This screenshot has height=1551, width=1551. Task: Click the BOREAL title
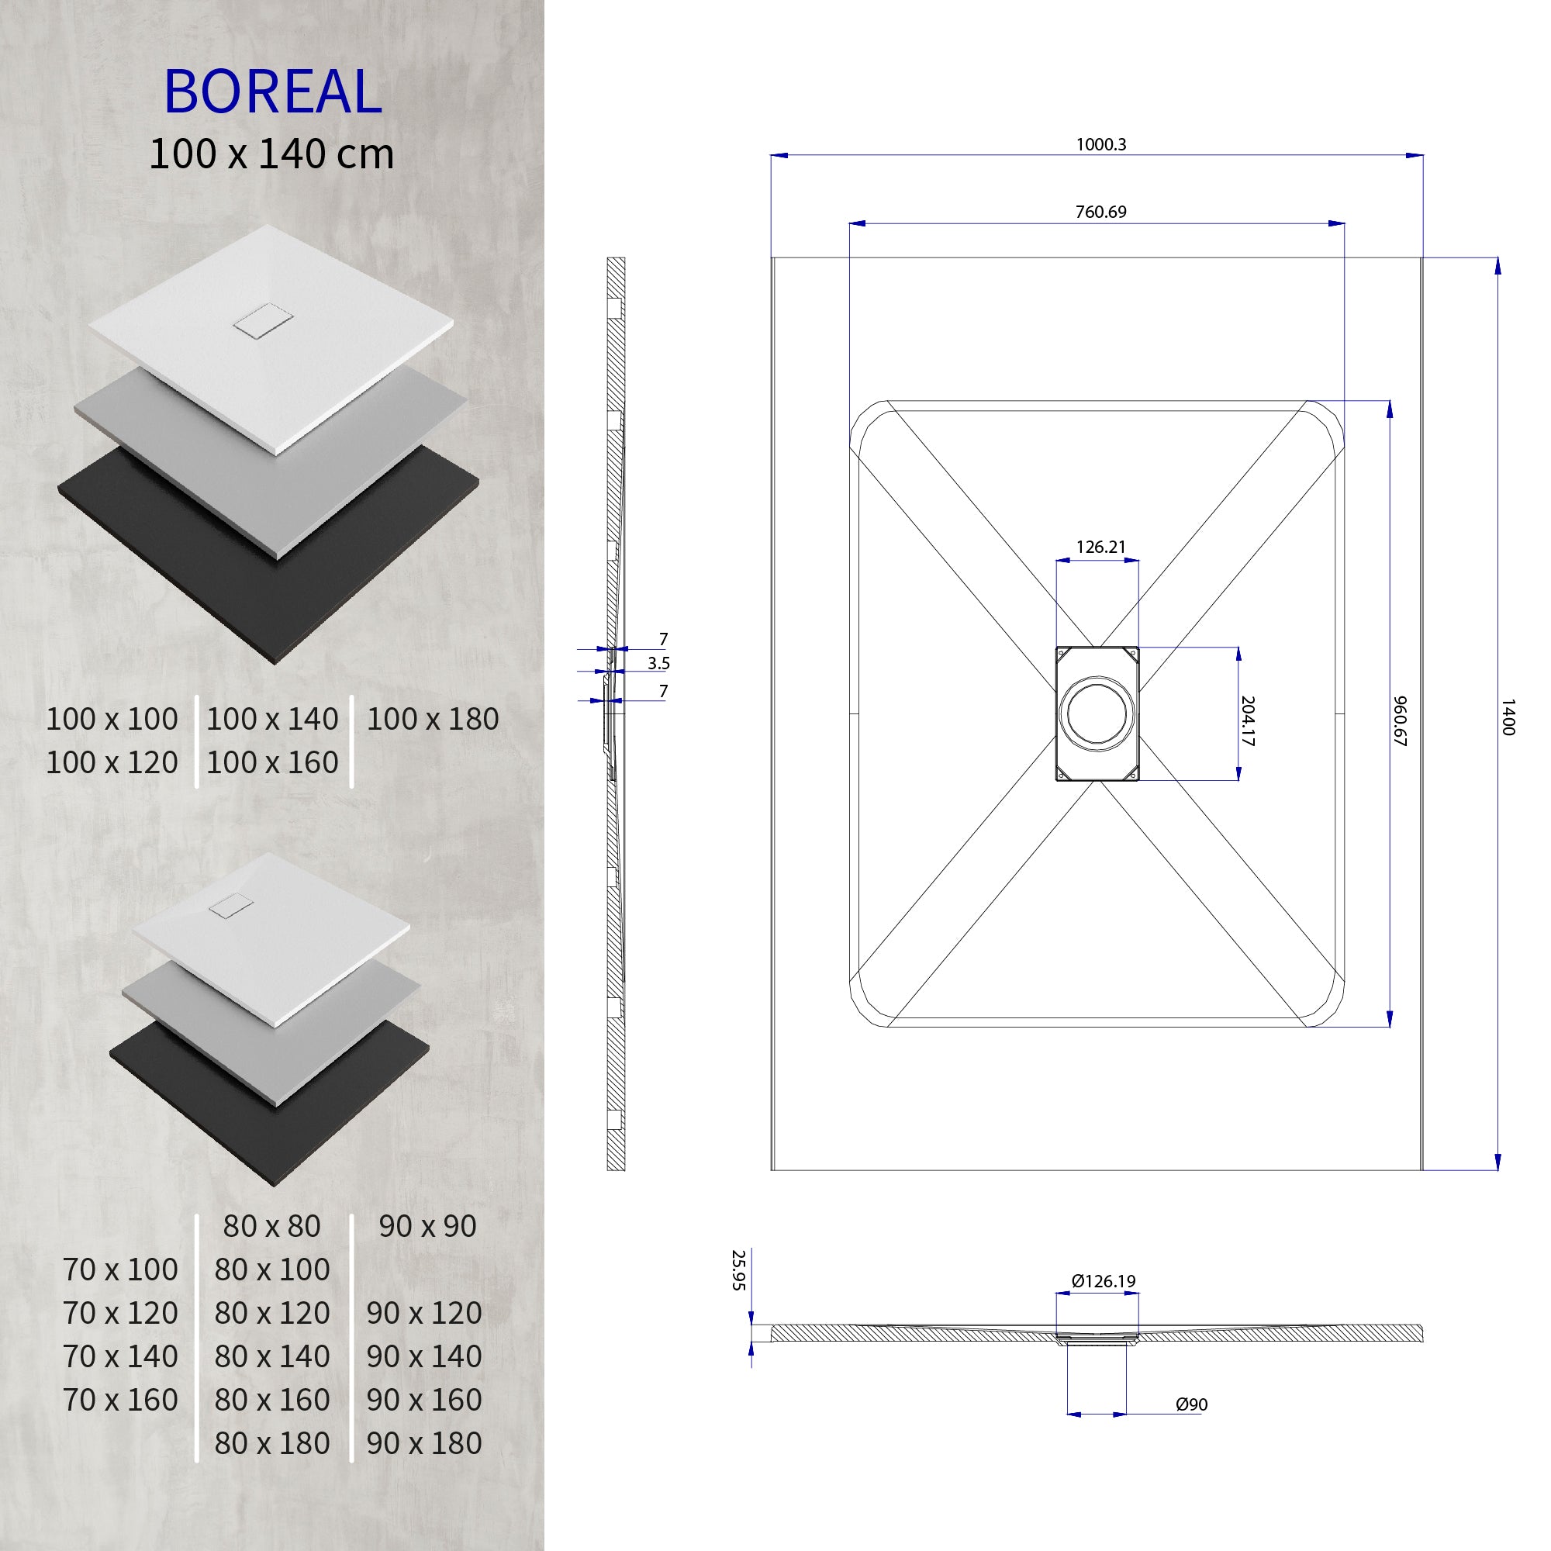pos(272,92)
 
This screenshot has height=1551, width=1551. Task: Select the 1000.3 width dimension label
pos(1100,144)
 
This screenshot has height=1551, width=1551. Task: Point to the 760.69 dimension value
pos(1100,212)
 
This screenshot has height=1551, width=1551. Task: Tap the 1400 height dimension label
pos(1507,717)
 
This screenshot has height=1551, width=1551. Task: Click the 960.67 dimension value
pos(1401,720)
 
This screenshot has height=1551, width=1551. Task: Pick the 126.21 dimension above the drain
pos(1100,547)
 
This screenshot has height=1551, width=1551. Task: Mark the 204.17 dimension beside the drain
pos(1247,720)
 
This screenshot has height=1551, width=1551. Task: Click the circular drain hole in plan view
pos(1097,713)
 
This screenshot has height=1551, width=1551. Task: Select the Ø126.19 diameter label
pos(1104,1281)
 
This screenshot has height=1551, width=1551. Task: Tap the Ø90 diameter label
pos(1191,1405)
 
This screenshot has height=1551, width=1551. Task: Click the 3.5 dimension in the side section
pos(658,663)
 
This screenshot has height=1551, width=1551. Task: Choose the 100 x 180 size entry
pos(433,720)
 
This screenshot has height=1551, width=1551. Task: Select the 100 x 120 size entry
pos(112,762)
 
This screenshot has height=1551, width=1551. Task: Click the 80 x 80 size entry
pos(271,1226)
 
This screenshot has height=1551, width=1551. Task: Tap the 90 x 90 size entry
pos(427,1226)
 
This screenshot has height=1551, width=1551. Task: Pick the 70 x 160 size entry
pos(120,1399)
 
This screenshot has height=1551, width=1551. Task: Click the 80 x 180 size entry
pos(271,1442)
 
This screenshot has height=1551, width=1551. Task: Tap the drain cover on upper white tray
pos(257,323)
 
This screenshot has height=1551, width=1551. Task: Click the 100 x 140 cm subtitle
pos(271,154)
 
